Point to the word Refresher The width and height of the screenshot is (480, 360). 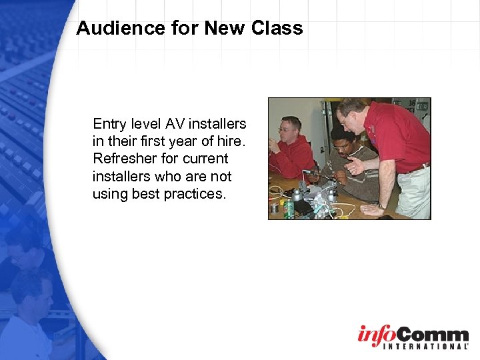pos(123,159)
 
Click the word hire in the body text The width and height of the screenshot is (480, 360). pos(231,141)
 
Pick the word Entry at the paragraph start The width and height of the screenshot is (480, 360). pos(109,124)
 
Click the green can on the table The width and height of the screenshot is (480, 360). pos(289,208)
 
